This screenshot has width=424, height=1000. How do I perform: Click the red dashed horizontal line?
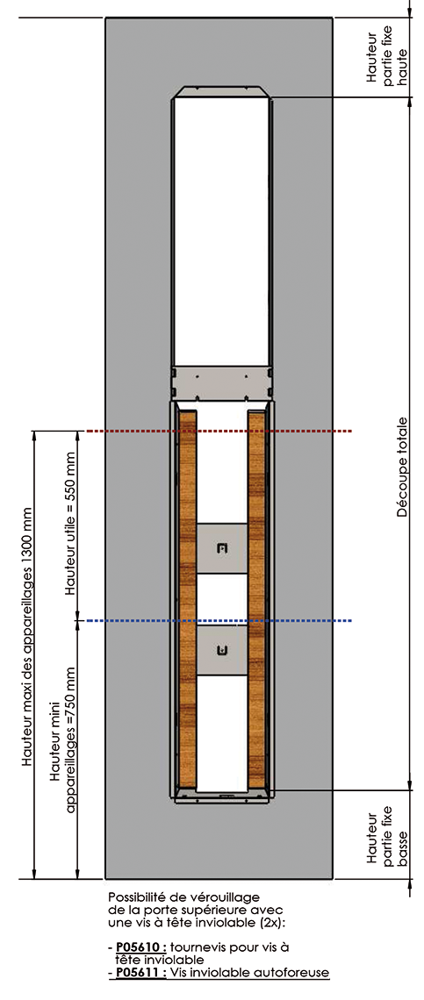pos(219,432)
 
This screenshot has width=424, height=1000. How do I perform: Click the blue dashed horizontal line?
pos(219,620)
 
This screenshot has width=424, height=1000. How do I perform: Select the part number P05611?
pos(140,973)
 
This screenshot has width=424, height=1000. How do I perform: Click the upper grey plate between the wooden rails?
pos(221,548)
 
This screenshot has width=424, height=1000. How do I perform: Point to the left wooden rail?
pos(188,599)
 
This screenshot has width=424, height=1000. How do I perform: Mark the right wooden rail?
pos(256,599)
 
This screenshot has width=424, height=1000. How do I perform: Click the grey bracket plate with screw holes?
pos(221,382)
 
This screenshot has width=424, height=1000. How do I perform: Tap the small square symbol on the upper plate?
pos(221,548)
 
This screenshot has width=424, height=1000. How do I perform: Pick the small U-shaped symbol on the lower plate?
pos(221,650)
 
